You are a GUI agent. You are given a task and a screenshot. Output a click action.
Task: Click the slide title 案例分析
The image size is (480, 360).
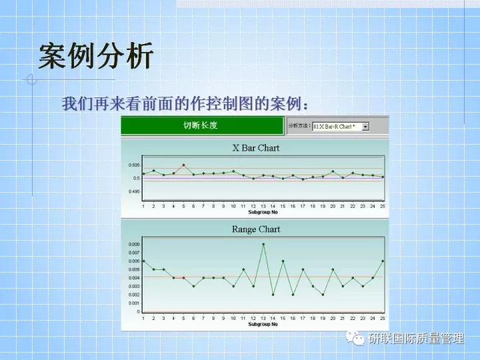(x=95, y=57)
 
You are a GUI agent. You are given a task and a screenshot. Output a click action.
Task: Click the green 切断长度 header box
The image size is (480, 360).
(x=201, y=125)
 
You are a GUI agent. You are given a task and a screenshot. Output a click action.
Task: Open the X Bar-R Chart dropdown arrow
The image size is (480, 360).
(x=365, y=126)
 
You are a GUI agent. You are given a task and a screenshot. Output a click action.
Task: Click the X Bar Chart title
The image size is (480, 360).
(x=255, y=147)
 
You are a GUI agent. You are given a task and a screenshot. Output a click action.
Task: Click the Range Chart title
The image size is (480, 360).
(x=255, y=229)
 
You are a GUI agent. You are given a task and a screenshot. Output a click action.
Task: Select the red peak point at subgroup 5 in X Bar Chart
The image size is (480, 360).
(x=183, y=165)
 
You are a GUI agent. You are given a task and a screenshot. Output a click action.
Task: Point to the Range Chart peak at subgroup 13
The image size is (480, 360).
(x=263, y=244)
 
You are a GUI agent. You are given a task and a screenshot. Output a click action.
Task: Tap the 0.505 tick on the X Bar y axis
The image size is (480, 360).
(x=134, y=165)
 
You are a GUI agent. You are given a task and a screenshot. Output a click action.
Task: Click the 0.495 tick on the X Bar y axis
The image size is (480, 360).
(x=134, y=191)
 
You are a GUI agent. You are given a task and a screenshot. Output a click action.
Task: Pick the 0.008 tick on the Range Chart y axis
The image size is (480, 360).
(x=134, y=244)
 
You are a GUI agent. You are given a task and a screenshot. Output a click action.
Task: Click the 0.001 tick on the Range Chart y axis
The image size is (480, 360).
(x=134, y=303)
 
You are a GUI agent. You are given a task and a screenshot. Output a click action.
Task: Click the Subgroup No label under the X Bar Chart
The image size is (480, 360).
(x=263, y=212)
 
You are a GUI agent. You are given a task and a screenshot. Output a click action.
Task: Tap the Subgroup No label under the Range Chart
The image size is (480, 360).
(x=263, y=325)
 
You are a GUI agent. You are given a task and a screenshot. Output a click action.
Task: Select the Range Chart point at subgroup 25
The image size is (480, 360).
(x=383, y=261)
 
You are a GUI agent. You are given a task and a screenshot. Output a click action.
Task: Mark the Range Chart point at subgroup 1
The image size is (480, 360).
(x=143, y=261)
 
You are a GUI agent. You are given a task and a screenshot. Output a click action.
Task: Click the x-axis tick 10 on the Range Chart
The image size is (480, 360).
(x=233, y=319)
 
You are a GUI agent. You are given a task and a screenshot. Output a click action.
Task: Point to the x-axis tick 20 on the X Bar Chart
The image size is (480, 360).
(x=333, y=207)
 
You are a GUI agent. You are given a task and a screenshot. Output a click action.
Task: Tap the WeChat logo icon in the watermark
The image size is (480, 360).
(x=357, y=339)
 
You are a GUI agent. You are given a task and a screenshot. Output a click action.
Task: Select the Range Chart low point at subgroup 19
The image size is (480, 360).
(x=323, y=295)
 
